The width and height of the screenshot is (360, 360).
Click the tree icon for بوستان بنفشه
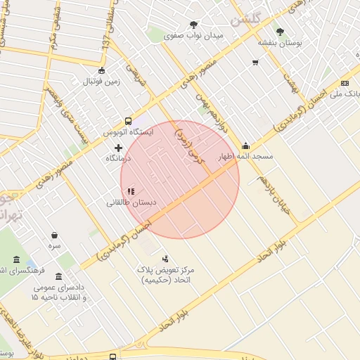pyautogui.click(x=281, y=32)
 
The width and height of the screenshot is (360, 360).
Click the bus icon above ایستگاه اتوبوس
pyautogui.click(x=127, y=121)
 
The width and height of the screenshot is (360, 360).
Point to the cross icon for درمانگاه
pyautogui.click(x=118, y=148)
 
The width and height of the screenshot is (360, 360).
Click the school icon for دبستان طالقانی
pyautogui.click(x=130, y=191)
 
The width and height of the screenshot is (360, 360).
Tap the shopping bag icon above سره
pyautogui.click(x=55, y=236)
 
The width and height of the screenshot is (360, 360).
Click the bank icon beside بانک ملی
pyautogui.click(x=345, y=83)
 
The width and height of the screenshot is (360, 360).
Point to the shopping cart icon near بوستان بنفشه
pyautogui.click(x=255, y=63)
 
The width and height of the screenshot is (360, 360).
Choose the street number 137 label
pyautogui.click(x=106, y=44)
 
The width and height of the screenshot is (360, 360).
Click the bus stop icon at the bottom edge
pyautogui.click(x=114, y=356)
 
